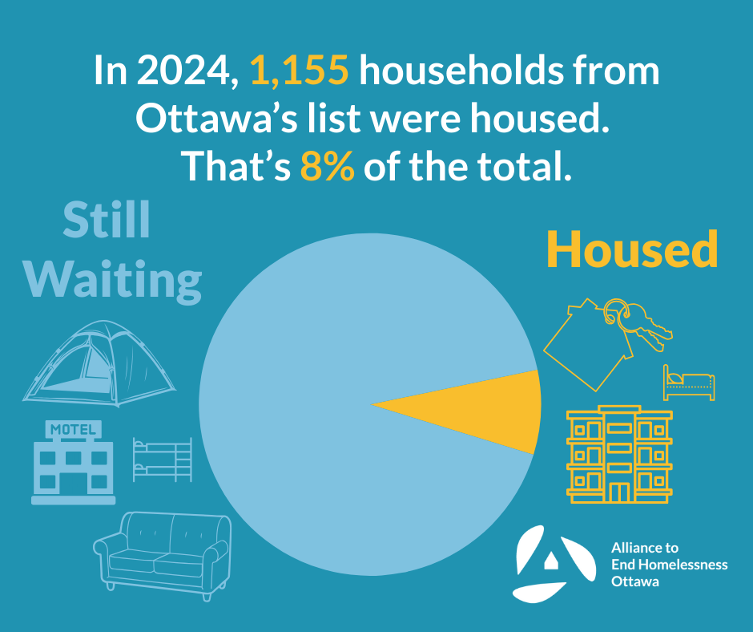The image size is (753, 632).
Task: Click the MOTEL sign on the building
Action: coord(73,430)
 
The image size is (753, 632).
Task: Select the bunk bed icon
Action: coord(163,459)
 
